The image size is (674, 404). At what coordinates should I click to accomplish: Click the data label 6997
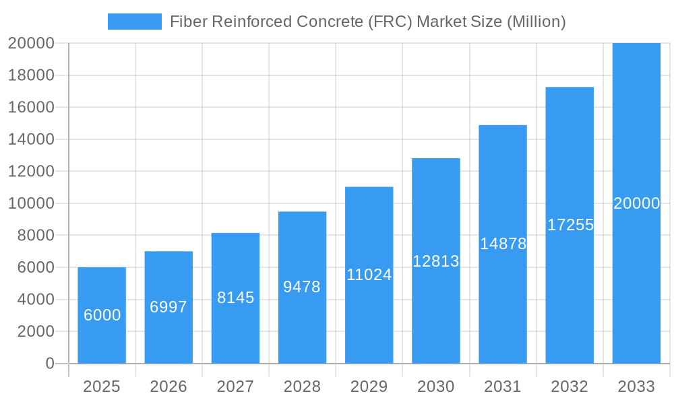tap(168, 307)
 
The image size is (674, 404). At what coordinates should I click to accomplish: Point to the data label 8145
tap(235, 298)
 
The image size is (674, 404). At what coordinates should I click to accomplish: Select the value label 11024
tap(369, 275)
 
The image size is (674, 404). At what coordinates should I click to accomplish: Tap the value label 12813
tap(435, 261)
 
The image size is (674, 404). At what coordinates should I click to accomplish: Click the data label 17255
tap(570, 225)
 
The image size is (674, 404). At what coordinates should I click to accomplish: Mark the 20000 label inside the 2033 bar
tap(636, 203)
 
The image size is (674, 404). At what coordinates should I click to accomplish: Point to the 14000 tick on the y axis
tap(31, 139)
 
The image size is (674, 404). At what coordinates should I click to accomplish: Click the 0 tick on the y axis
tap(49, 364)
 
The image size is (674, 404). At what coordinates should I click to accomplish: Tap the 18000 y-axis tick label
tap(31, 75)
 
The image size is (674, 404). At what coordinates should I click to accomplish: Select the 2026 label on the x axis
tap(168, 386)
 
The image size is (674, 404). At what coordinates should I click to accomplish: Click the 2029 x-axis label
tap(369, 386)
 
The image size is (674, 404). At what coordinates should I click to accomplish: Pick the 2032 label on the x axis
tap(570, 386)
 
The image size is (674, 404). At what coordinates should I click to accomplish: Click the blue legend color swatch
tap(135, 22)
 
